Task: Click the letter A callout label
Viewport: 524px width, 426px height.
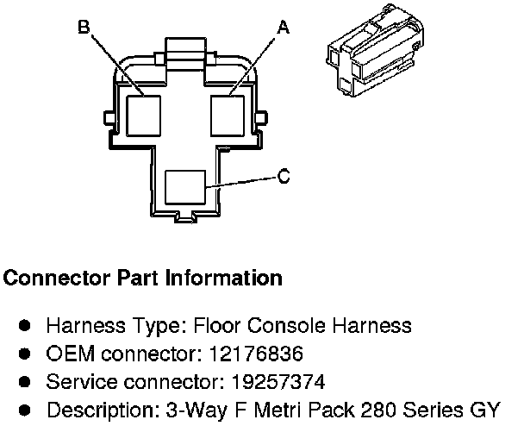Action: pos(282,28)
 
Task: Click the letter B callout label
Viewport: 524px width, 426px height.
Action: pos(83,28)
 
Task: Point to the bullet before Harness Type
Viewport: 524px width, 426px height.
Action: pos(26,326)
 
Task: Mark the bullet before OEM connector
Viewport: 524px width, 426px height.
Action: pos(26,354)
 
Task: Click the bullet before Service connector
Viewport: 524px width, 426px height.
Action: pos(26,381)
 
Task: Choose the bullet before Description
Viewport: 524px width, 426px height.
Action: pos(26,409)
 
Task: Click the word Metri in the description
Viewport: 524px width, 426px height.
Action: pos(267,409)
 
